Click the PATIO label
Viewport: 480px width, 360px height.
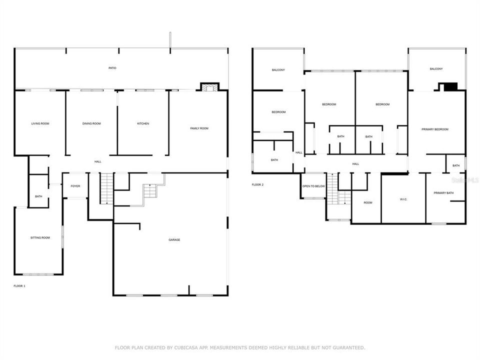(x=112, y=68)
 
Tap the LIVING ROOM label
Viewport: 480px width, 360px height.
(x=40, y=123)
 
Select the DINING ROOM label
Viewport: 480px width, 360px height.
(x=91, y=123)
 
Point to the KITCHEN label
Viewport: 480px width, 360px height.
(x=143, y=123)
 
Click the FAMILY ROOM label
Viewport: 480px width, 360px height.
(x=199, y=128)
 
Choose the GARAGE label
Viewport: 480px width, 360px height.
(x=174, y=240)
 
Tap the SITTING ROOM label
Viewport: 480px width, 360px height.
(x=40, y=238)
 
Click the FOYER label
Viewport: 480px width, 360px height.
(x=75, y=186)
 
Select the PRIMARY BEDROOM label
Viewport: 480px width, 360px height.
(x=434, y=129)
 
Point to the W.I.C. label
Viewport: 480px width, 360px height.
(x=403, y=199)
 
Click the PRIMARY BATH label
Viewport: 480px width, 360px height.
(x=443, y=193)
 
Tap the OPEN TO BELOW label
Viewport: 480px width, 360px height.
(x=313, y=186)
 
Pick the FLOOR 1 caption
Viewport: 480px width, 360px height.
(x=19, y=286)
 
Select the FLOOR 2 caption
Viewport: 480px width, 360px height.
(x=257, y=184)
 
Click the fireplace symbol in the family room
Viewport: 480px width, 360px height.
(x=209, y=87)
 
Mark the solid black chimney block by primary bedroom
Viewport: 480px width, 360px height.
(x=450, y=87)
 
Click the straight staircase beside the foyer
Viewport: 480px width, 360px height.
(x=106, y=188)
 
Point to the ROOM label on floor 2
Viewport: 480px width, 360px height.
(x=368, y=203)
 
